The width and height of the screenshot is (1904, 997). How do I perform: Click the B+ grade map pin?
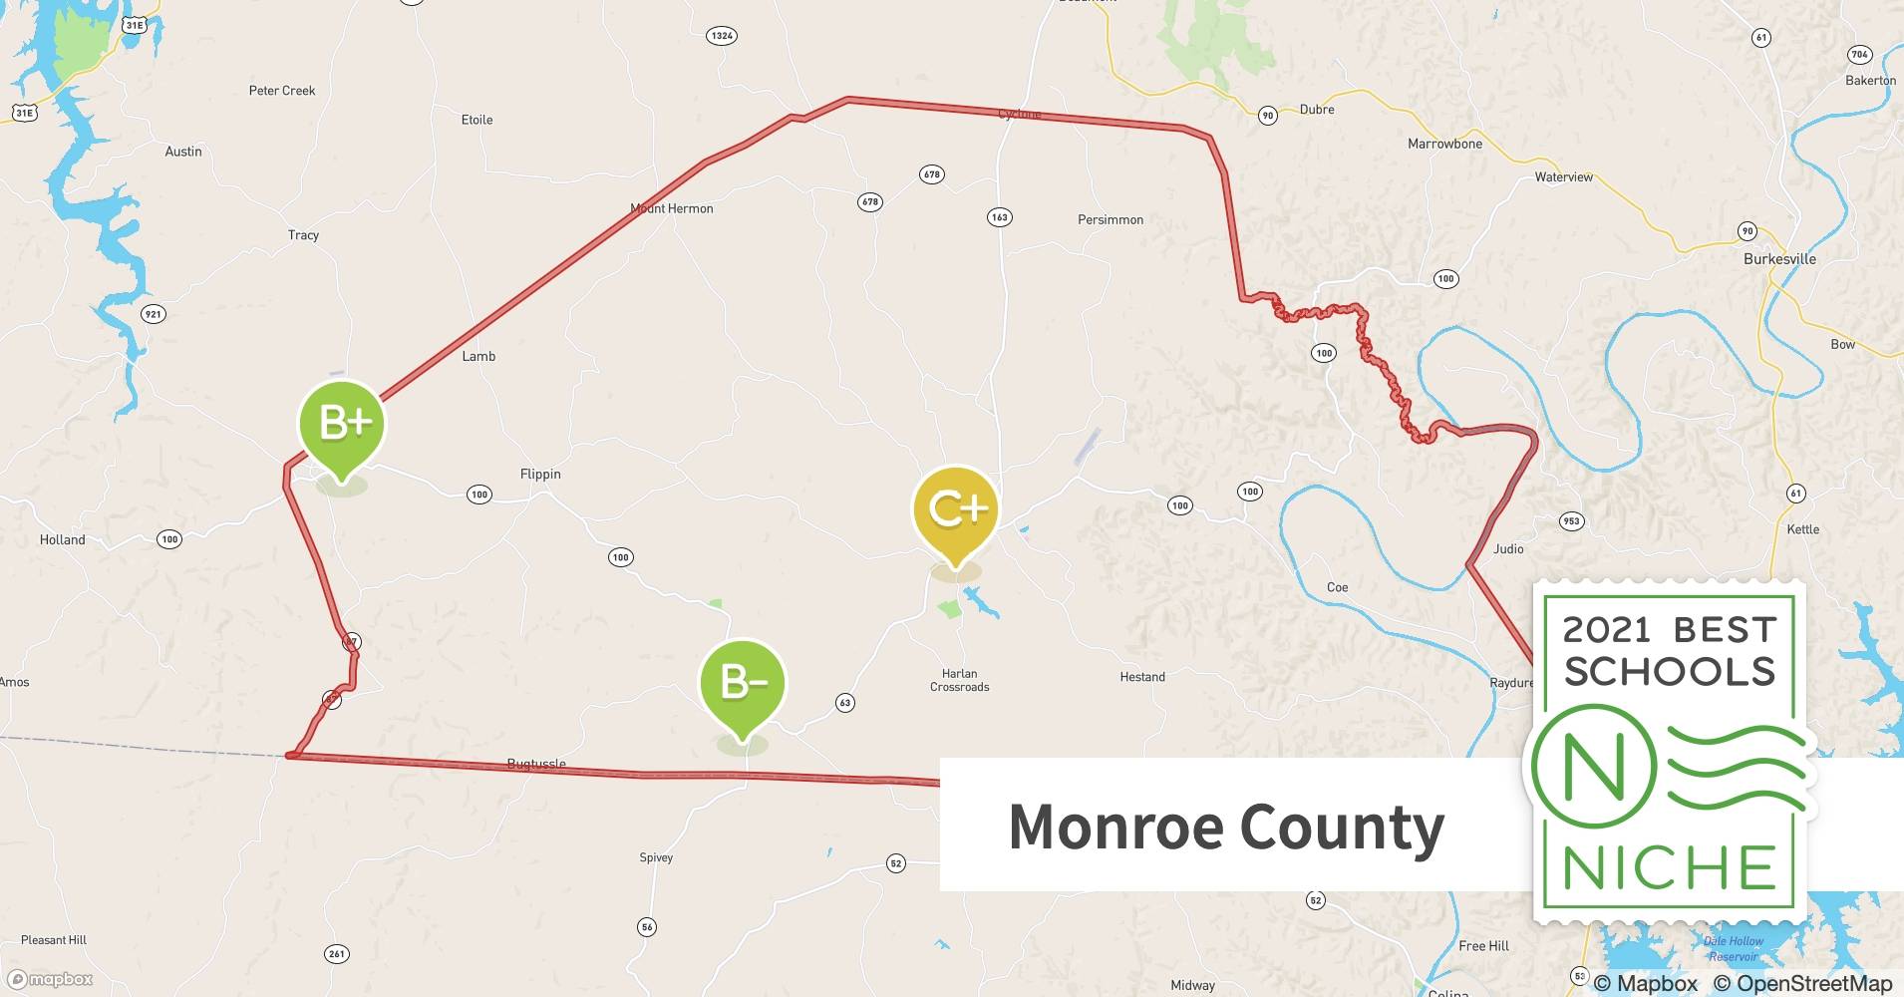point(342,425)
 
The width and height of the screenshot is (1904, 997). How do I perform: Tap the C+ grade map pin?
point(955,510)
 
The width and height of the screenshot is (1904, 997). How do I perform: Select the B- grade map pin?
point(743,683)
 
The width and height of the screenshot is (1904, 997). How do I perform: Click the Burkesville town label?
point(1779,259)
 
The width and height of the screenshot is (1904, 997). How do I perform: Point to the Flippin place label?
point(540,475)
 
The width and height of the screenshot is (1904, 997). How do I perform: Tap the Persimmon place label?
point(1110,220)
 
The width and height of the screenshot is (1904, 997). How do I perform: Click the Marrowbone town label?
point(1444,145)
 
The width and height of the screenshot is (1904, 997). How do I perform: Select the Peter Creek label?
point(281,91)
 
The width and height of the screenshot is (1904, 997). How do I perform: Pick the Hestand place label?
point(1141,677)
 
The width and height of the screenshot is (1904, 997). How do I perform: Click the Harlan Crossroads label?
point(959,680)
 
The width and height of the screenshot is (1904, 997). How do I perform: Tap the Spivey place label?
point(656,857)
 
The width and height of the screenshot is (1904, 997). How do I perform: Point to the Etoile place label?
point(476,120)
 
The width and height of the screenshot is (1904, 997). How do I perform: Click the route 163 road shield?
point(999,217)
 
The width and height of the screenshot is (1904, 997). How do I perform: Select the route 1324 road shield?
point(721,36)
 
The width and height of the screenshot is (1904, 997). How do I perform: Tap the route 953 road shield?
point(1571,520)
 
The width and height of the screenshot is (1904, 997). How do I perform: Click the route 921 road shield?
point(153,314)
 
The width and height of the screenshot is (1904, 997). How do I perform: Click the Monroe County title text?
point(1226,827)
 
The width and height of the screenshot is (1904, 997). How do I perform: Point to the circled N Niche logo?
point(1593,767)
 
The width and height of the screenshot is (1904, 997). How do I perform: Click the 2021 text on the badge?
point(1606,630)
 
